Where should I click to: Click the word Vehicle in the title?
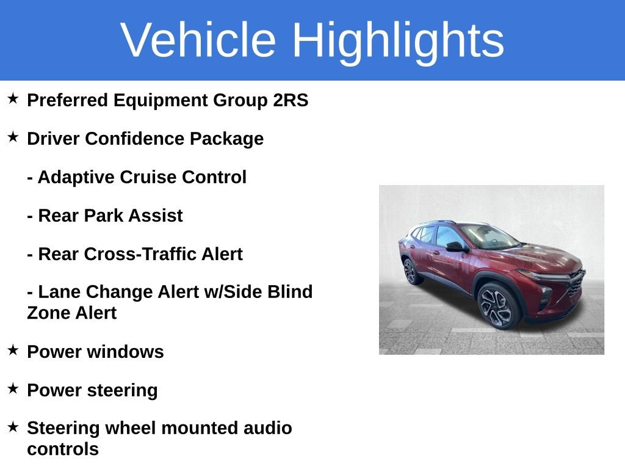click(x=198, y=40)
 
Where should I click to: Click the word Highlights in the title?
click(x=398, y=40)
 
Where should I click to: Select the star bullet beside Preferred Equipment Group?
click(x=13, y=98)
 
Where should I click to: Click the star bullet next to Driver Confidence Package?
click(x=13, y=137)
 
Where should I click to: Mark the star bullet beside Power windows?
click(x=13, y=350)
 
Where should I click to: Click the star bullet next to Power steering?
click(x=13, y=388)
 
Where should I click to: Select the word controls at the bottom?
click(x=63, y=449)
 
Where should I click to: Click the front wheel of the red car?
click(x=499, y=305)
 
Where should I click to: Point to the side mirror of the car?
click(x=455, y=247)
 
